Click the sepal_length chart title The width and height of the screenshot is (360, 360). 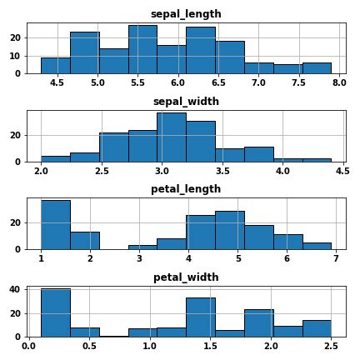(x=186, y=14)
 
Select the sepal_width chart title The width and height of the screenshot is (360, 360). (x=186, y=102)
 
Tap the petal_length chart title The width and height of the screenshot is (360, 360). (x=186, y=189)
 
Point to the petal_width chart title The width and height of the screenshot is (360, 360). (x=186, y=277)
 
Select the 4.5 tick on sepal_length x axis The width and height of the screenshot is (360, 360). (x=57, y=83)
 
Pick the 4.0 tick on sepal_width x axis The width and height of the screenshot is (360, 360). (x=282, y=171)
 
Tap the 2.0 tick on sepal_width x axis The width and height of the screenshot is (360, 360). (x=41, y=171)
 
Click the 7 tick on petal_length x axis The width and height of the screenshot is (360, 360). (x=331, y=258)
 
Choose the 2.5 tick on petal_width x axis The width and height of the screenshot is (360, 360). (x=331, y=346)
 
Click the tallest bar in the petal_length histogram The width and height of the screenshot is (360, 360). (x=55, y=224)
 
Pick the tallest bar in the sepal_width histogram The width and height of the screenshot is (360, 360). (x=171, y=137)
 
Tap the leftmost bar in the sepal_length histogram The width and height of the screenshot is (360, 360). (x=55, y=65)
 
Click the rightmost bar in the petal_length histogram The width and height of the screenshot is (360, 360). (x=317, y=245)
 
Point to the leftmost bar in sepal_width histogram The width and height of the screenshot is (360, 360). (x=55, y=158)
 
